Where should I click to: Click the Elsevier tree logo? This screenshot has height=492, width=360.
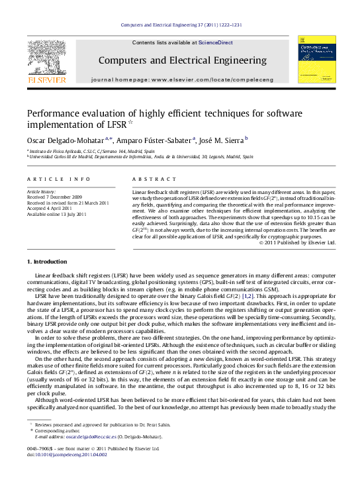[x=46, y=59]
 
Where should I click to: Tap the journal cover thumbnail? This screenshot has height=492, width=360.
[x=312, y=59]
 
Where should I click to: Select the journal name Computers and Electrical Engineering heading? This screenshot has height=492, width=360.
[x=182, y=60]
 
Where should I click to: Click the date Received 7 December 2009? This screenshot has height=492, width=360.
[x=54, y=197]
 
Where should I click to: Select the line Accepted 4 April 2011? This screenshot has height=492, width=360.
[x=49, y=209]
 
